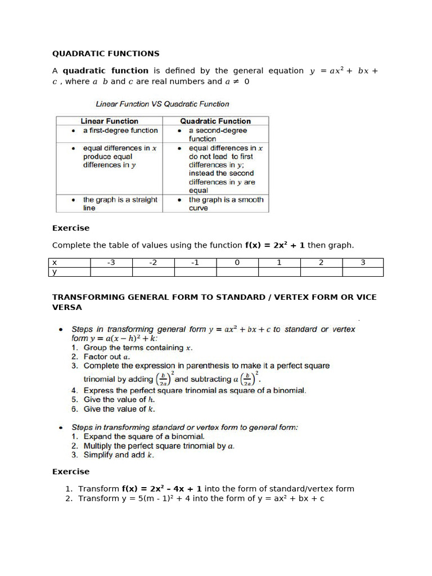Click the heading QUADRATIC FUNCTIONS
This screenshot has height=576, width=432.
(106, 53)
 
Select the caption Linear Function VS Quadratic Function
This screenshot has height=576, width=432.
(163, 104)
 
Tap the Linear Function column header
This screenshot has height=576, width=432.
(109, 121)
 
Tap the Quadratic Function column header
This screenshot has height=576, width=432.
(215, 121)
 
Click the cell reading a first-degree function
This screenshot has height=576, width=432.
(120, 130)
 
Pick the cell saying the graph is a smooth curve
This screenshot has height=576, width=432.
(226, 204)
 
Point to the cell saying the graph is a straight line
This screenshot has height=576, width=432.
(120, 204)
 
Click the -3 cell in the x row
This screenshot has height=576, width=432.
(111, 263)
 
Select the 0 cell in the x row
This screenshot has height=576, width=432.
(237, 263)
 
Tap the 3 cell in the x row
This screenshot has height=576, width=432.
(363, 263)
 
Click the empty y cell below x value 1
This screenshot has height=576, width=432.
(279, 272)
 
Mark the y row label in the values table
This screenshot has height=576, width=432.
(55, 272)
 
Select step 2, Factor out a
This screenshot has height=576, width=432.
(106, 357)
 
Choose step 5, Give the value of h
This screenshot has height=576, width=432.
(115, 400)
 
